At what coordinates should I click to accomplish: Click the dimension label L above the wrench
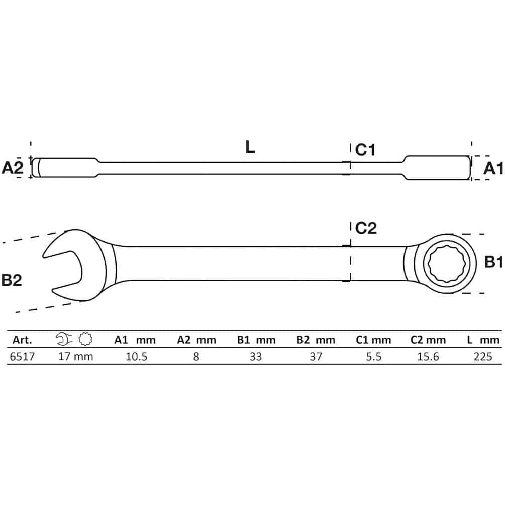[x=250, y=147]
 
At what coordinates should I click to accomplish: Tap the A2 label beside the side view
[x=12, y=168]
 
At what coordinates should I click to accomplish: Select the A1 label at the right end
[x=493, y=168]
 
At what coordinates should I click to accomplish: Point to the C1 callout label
[x=365, y=150]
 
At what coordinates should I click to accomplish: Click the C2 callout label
[x=366, y=228]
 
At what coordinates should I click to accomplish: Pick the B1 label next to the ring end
[x=494, y=262]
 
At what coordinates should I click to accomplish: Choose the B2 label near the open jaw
[x=12, y=280]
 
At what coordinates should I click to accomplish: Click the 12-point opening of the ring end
[x=445, y=263]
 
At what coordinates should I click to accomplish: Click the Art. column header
[x=22, y=340]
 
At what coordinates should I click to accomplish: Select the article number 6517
[x=22, y=357]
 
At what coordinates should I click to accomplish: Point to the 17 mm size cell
[x=76, y=357]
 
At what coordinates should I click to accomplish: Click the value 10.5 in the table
[x=137, y=357]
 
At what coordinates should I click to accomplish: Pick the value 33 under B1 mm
[x=256, y=357]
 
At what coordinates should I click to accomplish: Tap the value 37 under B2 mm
[x=316, y=357]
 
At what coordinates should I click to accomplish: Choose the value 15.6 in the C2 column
[x=428, y=357]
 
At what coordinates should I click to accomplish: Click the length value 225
[x=483, y=357]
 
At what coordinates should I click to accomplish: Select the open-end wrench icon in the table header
[x=64, y=339]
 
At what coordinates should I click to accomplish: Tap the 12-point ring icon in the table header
[x=85, y=339]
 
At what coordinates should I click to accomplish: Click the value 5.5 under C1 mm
[x=373, y=357]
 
